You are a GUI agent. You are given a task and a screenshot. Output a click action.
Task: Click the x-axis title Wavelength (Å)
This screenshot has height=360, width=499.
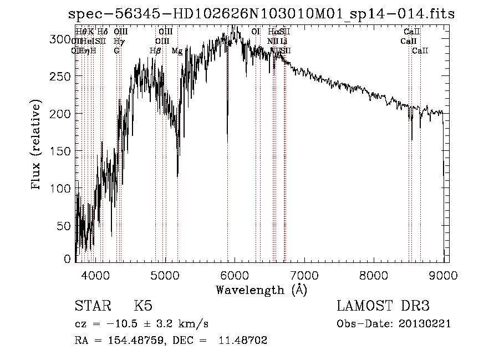pos(261,290)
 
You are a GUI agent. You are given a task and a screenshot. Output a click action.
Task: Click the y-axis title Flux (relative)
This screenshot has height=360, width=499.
pos(37,146)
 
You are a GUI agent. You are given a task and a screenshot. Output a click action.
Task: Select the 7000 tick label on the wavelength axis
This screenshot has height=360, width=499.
pos(304,274)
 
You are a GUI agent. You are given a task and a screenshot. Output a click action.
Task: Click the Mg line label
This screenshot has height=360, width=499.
pos(177,51)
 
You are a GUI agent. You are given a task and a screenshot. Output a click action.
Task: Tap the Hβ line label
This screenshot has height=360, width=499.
pos(155,51)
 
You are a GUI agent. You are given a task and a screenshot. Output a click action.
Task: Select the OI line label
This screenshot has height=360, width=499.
pos(256,32)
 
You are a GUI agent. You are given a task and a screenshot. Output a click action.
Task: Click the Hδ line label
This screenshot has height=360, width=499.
pos(102,32)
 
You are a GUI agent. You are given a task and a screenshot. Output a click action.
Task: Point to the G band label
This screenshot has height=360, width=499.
pos(116,51)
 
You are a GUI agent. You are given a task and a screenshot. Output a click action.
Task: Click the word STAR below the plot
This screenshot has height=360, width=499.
pos(91,307)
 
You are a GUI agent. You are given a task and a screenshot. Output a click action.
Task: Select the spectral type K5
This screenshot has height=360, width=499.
pos(143,307)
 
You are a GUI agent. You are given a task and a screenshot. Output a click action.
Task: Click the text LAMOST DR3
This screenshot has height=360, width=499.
pos(383,307)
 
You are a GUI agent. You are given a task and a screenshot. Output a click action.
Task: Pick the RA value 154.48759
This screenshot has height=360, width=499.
pos(129,341)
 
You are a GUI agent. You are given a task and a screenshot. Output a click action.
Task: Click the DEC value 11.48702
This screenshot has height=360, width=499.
pos(244,341)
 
